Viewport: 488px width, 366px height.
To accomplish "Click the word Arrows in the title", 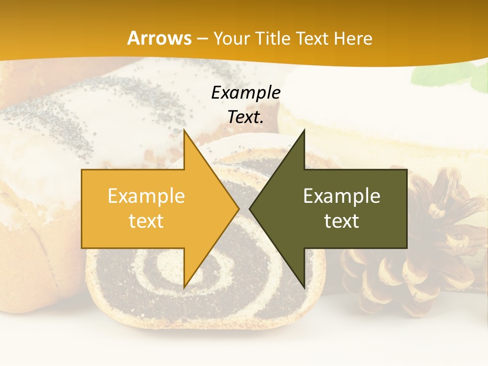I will click(x=160, y=38).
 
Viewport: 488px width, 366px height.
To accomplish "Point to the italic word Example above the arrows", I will click(x=246, y=93).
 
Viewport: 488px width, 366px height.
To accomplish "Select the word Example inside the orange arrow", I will click(x=146, y=196).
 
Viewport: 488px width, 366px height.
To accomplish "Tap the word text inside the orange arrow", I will click(x=146, y=221).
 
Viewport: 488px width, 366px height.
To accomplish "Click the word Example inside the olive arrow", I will click(x=342, y=196).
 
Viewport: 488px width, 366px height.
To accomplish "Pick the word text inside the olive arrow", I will click(x=342, y=221).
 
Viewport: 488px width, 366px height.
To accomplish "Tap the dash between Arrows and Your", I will click(x=202, y=39).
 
